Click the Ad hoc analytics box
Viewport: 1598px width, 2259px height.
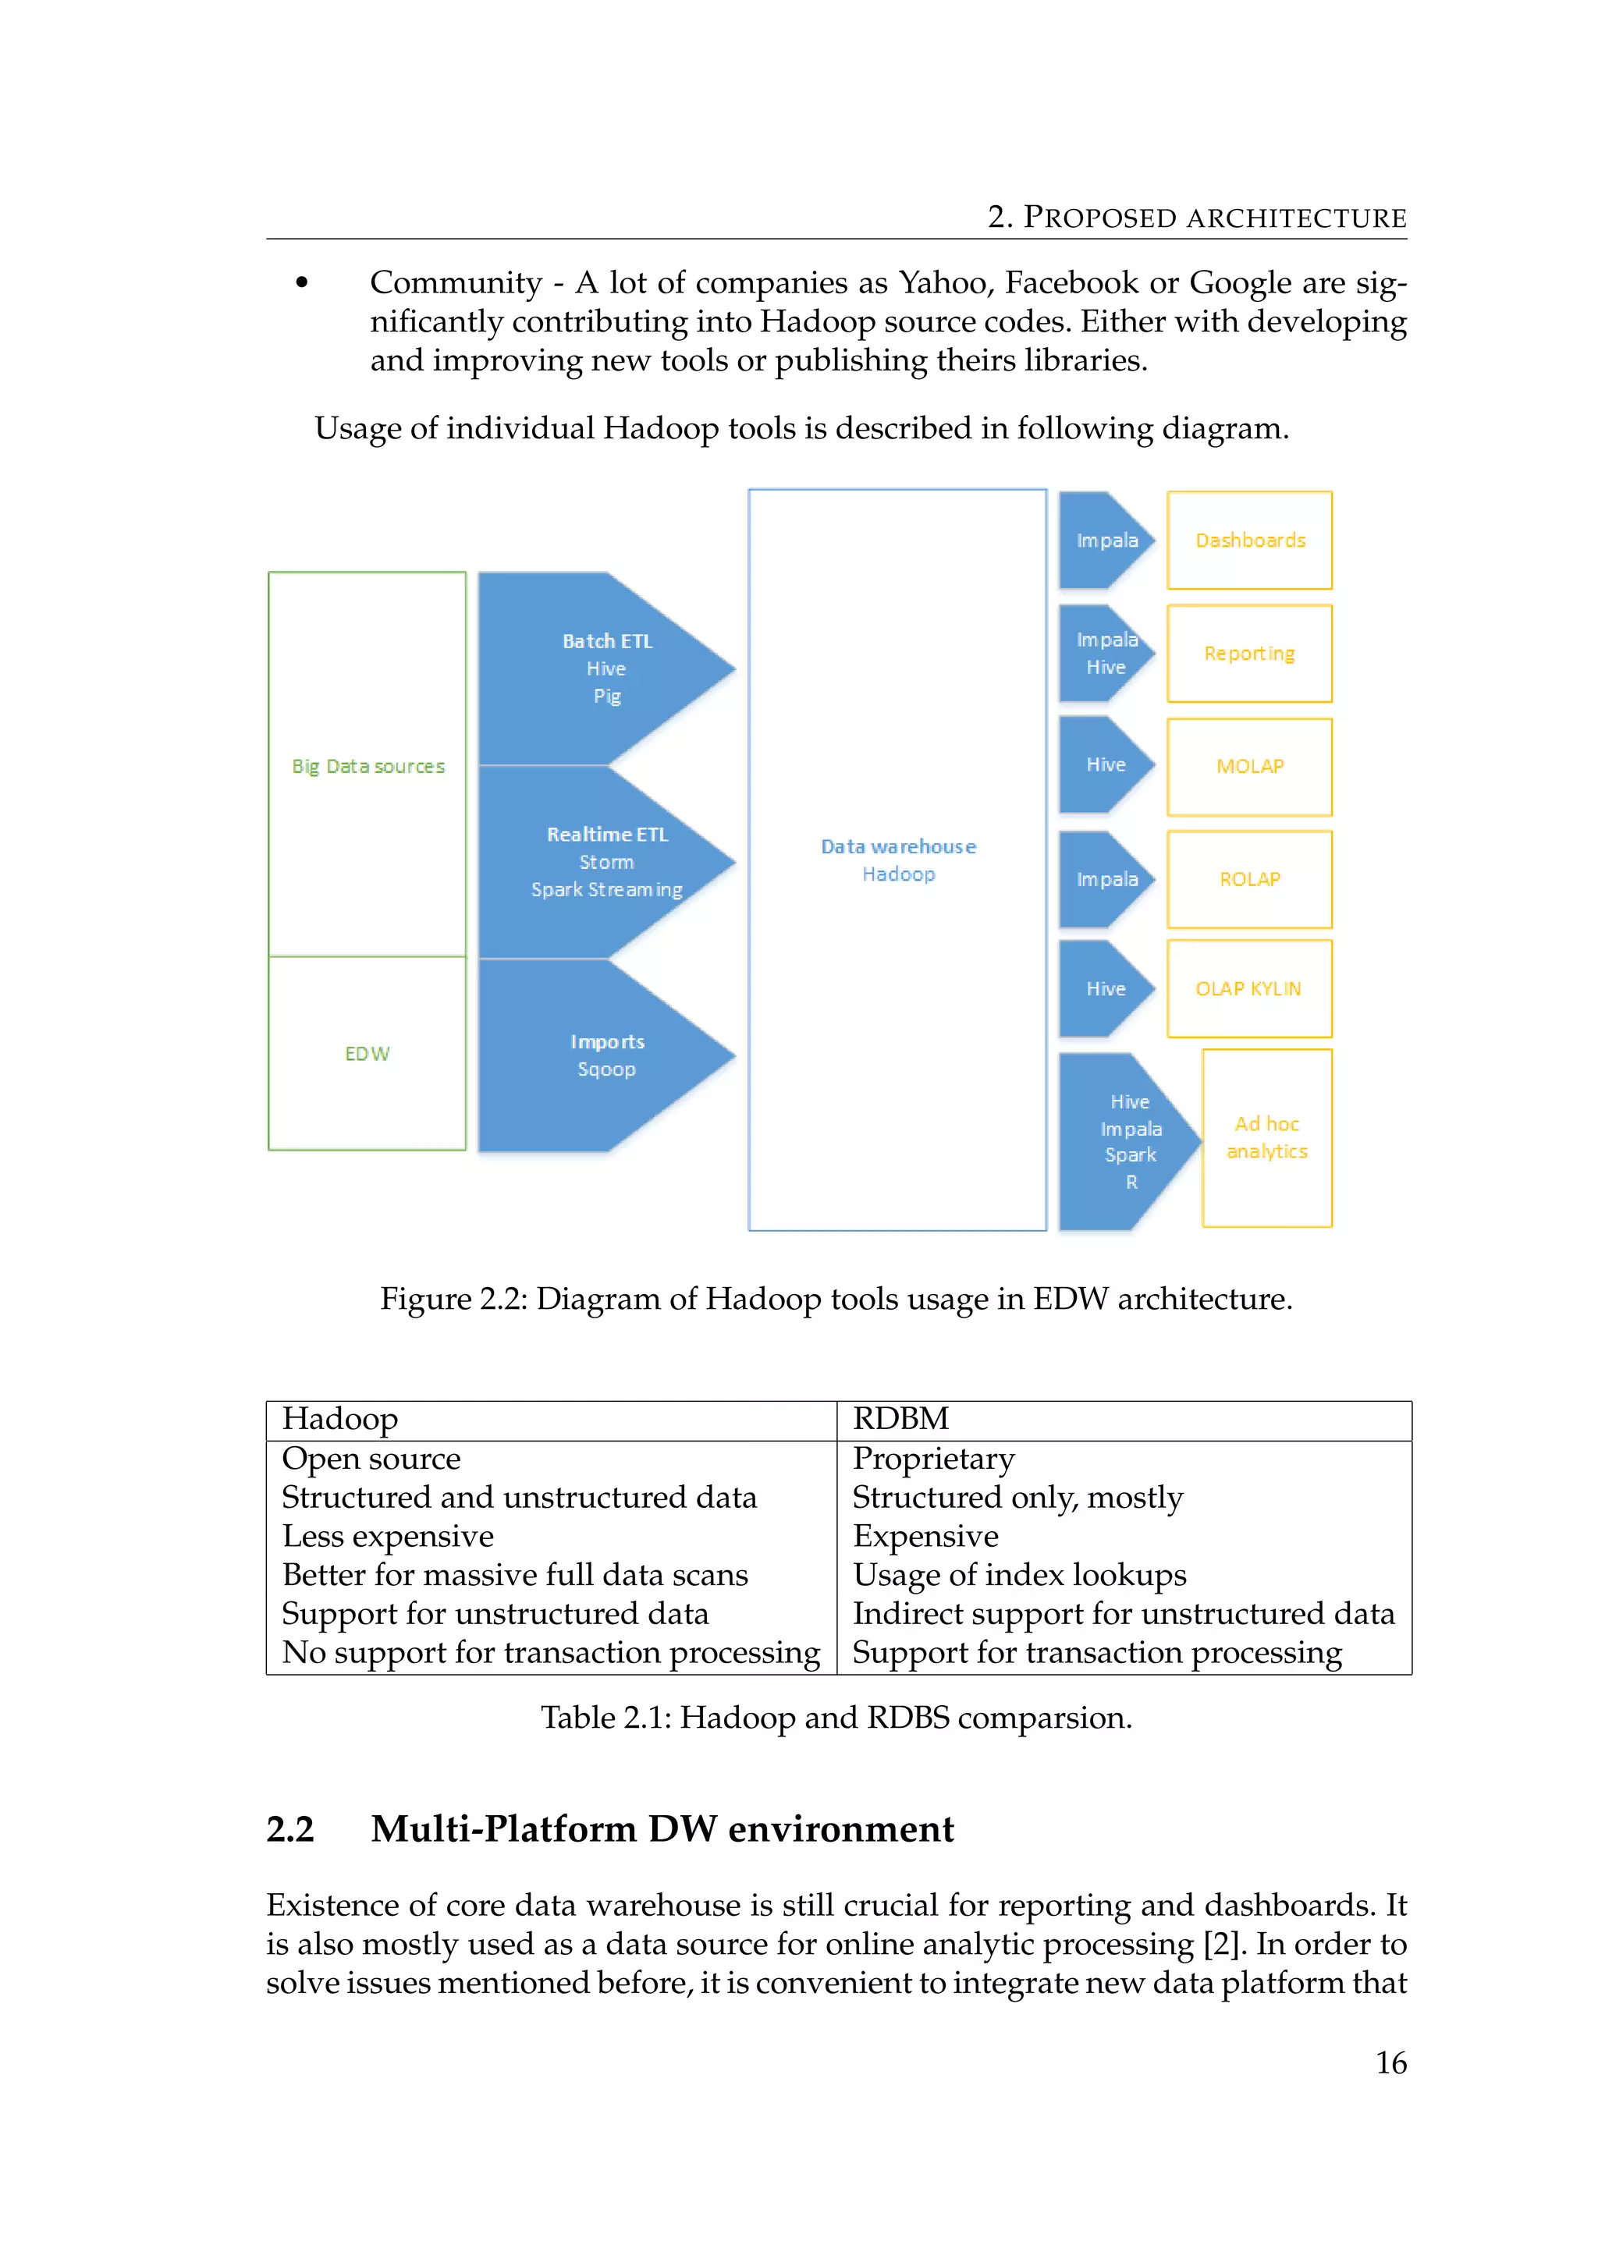[x=1266, y=1137]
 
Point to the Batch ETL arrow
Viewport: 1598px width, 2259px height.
[x=606, y=668]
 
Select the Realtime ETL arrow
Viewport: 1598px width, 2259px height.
[x=606, y=861]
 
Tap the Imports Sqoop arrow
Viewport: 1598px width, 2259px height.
[x=606, y=1055]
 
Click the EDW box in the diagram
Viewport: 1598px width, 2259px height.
[x=367, y=1053]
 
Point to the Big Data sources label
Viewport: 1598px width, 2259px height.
[x=368, y=767]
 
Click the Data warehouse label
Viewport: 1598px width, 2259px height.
[x=898, y=846]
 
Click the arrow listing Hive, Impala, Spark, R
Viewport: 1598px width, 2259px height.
[x=1130, y=1141]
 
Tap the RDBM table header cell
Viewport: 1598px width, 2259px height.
[x=900, y=1419]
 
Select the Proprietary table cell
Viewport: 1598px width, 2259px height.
[x=933, y=1458]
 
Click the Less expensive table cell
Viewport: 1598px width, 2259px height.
[x=388, y=1536]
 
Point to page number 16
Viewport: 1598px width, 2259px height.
[x=1390, y=2062]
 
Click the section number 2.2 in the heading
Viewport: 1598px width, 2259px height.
[x=290, y=1829]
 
